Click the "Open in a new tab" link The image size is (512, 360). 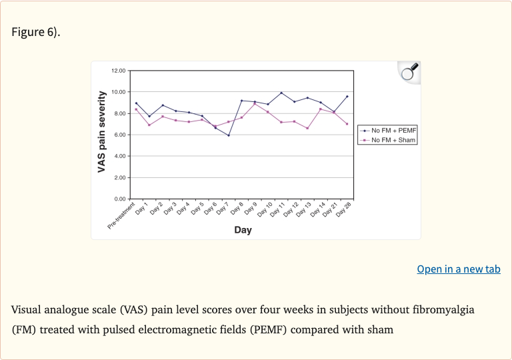click(459, 269)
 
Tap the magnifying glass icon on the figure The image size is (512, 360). click(409, 71)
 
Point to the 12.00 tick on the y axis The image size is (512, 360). click(118, 71)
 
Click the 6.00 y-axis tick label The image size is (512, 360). click(119, 135)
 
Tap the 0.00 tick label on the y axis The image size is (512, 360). click(119, 199)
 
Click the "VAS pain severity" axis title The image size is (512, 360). click(102, 134)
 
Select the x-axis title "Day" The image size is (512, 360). click(243, 230)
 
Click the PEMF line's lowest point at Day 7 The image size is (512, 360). click(229, 135)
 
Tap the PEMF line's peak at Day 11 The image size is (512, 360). click(281, 93)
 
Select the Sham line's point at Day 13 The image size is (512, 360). click(307, 128)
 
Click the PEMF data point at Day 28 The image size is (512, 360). click(347, 96)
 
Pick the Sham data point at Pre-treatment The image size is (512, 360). click(136, 109)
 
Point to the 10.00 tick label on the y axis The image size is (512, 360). click(118, 92)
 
